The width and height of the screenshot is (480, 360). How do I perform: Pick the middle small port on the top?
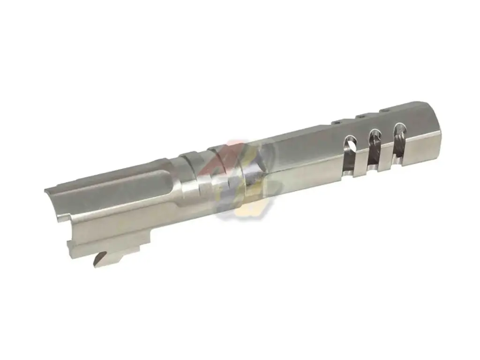point(360,116)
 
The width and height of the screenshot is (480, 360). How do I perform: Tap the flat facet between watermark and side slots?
point(300,150)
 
